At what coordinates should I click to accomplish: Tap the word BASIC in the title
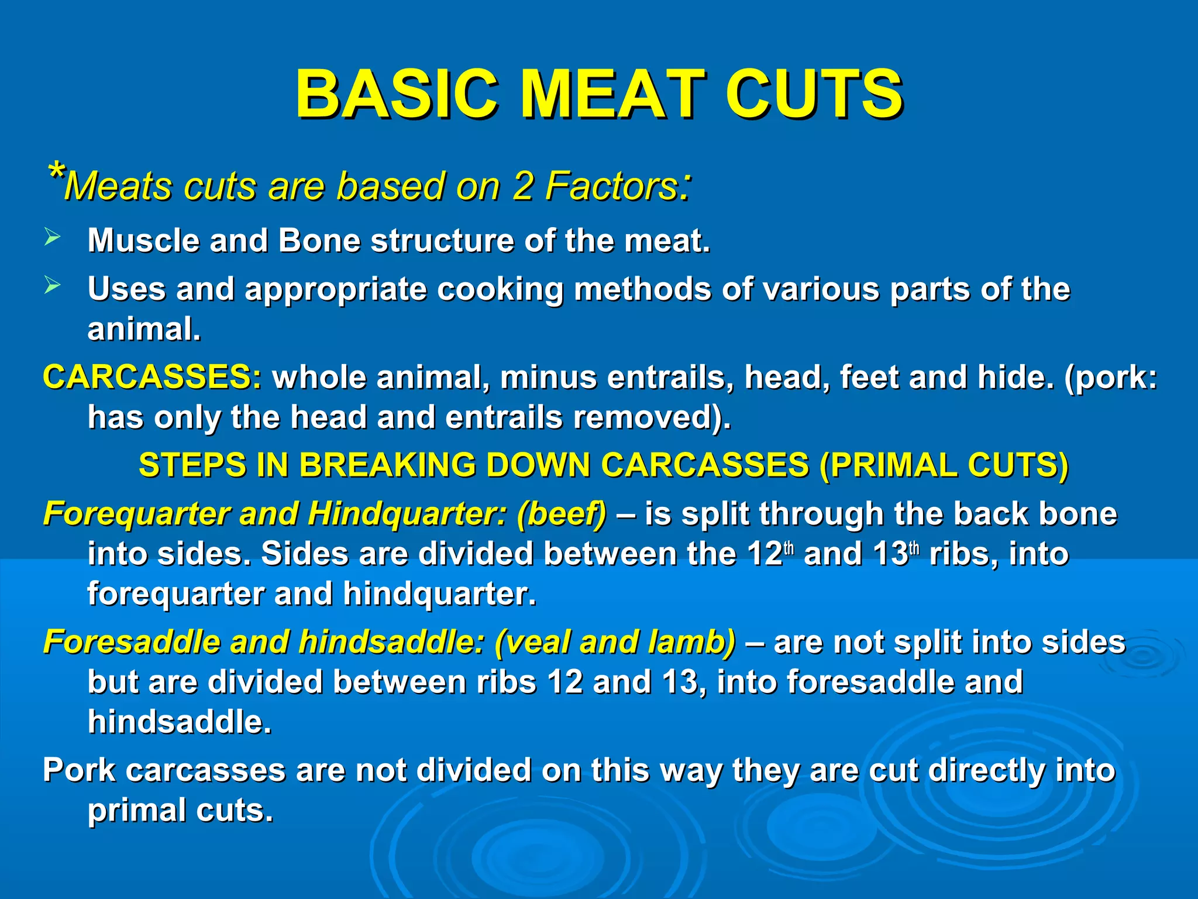point(397,94)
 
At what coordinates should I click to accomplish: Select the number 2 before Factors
point(522,187)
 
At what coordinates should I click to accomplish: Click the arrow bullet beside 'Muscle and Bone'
point(52,238)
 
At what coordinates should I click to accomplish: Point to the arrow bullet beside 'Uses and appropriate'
point(52,286)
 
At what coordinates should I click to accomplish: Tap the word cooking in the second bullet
point(500,289)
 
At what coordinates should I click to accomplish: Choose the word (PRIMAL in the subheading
point(887,465)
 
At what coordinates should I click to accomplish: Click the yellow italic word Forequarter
point(136,514)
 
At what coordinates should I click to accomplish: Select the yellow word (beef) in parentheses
point(562,514)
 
